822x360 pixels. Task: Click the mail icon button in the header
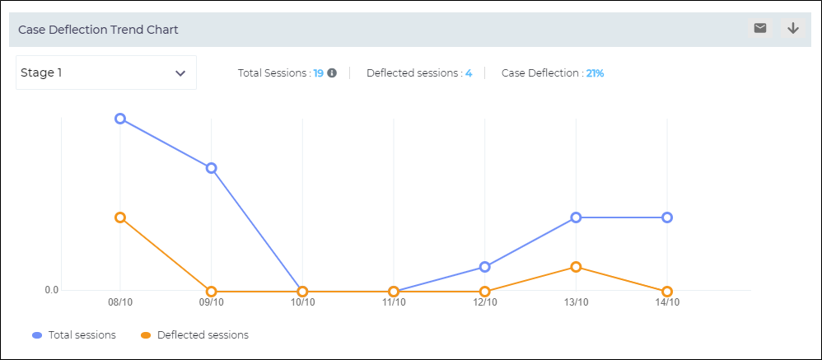pos(760,28)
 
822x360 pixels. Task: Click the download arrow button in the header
pos(793,28)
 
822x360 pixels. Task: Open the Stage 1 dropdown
pos(106,72)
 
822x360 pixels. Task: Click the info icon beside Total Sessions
pos(332,72)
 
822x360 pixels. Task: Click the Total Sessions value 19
pos(318,72)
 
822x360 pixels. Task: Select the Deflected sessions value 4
pos(469,72)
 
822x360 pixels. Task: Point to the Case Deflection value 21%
pos(595,72)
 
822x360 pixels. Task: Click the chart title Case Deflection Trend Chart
pos(98,30)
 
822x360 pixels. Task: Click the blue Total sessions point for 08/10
pos(120,119)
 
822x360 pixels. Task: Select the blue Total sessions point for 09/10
pos(212,168)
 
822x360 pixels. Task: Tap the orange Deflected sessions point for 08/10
pos(120,217)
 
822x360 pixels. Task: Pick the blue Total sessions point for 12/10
pos(485,267)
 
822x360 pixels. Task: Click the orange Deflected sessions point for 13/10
pos(577,267)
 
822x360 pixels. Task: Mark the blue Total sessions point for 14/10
pos(667,217)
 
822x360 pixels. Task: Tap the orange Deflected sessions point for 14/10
pos(667,292)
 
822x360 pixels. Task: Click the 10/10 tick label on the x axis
pos(302,302)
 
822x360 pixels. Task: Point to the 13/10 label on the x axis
pos(576,302)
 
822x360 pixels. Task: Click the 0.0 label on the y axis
pos(51,290)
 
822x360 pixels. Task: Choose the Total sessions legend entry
pos(74,335)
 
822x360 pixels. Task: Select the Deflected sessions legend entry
pos(194,335)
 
